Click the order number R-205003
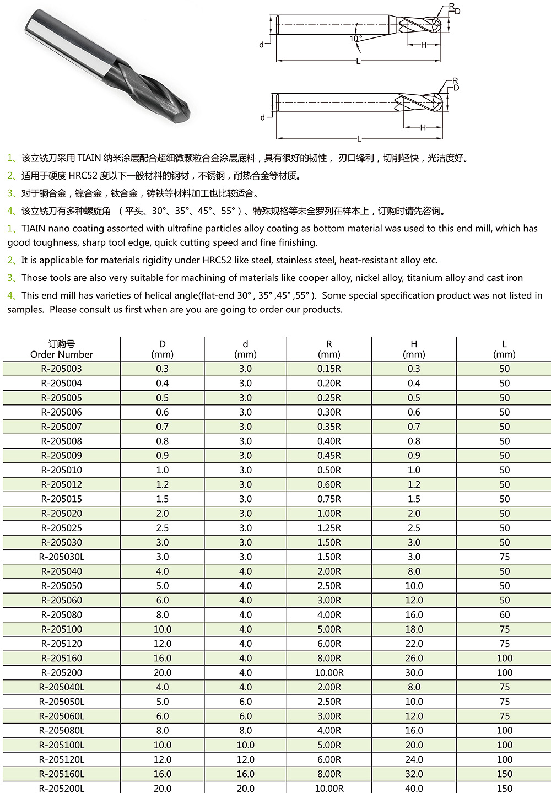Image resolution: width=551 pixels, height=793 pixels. (x=62, y=369)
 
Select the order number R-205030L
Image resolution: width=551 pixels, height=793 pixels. (x=62, y=557)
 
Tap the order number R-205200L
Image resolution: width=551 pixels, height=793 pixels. (x=62, y=789)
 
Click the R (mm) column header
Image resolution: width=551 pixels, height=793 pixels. (x=329, y=349)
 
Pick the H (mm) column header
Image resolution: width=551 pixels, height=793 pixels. (x=414, y=349)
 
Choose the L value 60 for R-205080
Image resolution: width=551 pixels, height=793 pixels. (x=504, y=615)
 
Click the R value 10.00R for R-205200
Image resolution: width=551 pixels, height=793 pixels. (x=329, y=673)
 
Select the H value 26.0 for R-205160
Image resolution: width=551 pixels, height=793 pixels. (x=414, y=659)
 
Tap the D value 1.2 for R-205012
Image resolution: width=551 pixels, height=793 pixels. (x=162, y=485)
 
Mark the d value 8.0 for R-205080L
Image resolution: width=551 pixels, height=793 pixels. (x=245, y=731)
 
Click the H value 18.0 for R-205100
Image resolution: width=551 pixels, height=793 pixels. (x=414, y=629)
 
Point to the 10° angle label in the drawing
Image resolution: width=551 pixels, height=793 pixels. (x=355, y=39)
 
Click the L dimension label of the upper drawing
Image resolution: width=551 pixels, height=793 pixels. (x=358, y=61)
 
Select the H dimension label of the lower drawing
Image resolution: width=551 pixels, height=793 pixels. (x=423, y=127)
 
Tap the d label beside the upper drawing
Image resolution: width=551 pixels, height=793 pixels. (x=262, y=45)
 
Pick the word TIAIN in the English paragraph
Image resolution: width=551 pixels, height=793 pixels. (x=33, y=228)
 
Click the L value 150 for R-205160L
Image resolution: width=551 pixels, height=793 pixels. (x=504, y=774)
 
